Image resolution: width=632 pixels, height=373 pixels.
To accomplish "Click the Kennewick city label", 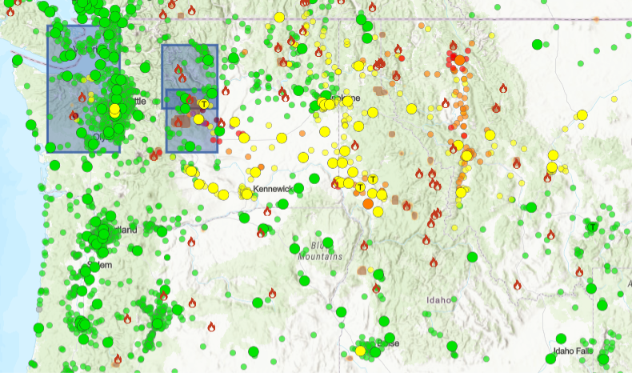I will (276, 189).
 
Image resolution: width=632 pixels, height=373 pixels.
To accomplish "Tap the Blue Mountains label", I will (321, 251).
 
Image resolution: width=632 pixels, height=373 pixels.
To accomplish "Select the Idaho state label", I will (438, 299).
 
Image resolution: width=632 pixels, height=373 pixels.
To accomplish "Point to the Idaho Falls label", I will (574, 351).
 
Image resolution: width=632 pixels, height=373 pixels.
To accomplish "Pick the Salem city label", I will (99, 264).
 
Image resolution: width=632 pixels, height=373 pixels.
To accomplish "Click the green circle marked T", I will (593, 227).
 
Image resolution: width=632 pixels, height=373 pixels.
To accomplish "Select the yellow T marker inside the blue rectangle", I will (204, 103).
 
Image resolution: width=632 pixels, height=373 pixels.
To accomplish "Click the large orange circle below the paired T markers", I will (367, 204).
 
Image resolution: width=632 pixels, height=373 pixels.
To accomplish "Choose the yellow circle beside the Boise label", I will (361, 351).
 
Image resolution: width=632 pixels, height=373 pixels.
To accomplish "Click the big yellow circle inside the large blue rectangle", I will (115, 109).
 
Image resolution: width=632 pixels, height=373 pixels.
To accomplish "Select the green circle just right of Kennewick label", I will (298, 188).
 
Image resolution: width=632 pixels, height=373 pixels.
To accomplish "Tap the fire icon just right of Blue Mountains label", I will (363, 246).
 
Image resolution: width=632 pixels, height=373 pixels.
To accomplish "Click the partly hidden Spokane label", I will (346, 98).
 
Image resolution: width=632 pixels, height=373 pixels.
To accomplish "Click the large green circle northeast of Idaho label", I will (472, 257).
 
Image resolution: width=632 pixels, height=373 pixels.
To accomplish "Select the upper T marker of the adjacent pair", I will (373, 178).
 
